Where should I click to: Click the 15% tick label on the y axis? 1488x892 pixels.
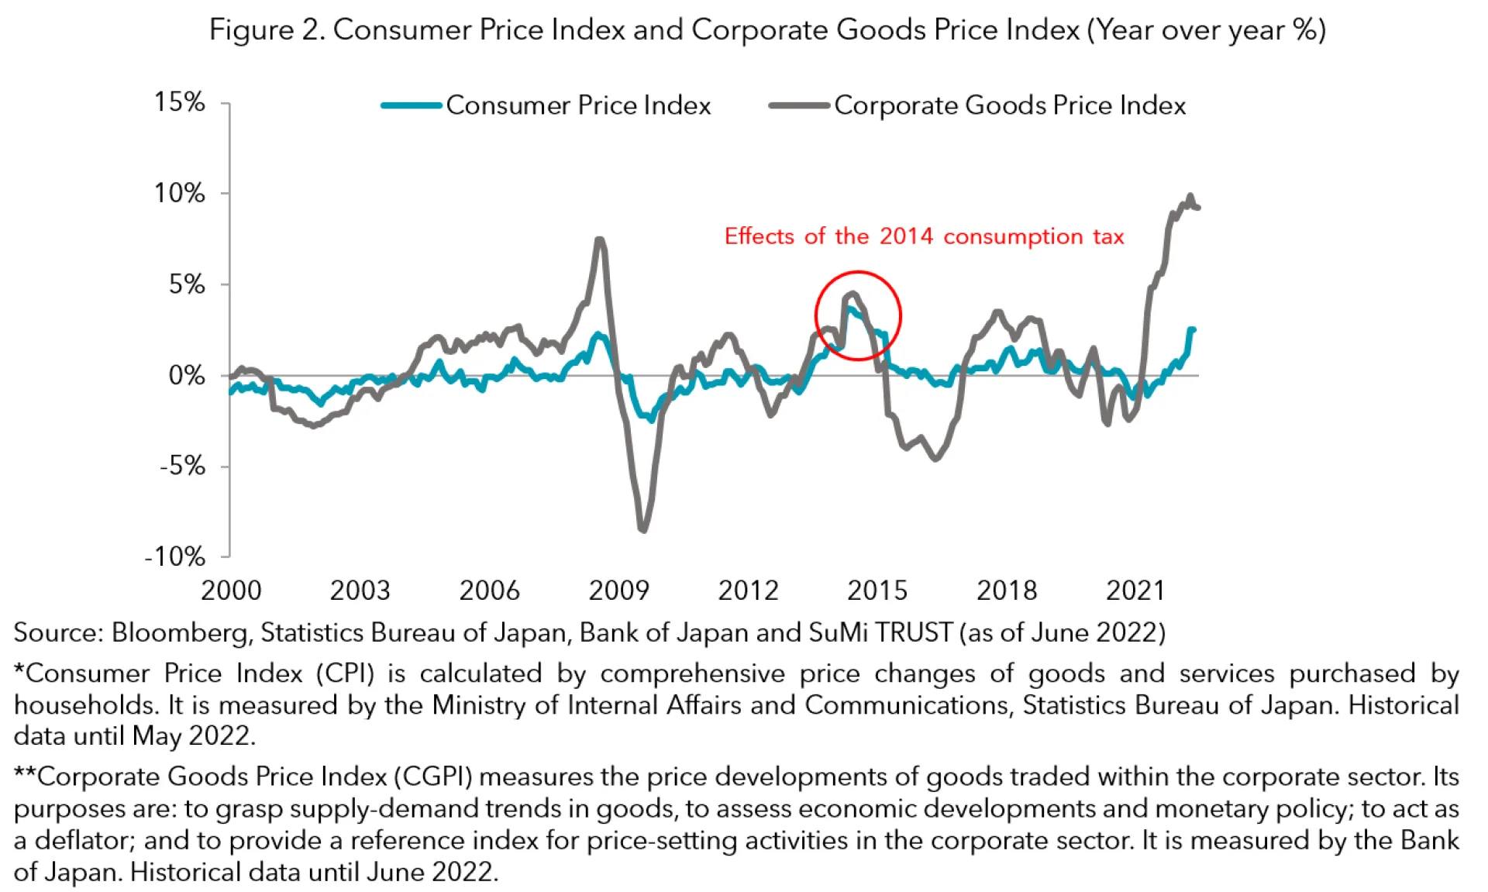pyautogui.click(x=179, y=102)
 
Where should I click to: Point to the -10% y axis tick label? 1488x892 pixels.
pyautogui.click(x=175, y=556)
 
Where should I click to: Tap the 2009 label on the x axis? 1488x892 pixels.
pyautogui.click(x=618, y=591)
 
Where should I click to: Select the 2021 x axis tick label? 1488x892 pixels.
pyautogui.click(x=1135, y=591)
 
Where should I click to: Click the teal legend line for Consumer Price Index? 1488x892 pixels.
pyautogui.click(x=412, y=105)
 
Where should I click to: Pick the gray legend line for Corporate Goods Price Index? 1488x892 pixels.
pyautogui.click(x=799, y=105)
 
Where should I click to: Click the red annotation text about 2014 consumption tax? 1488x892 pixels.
pyautogui.click(x=924, y=236)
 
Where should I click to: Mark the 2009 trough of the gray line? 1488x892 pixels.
pyautogui.click(x=643, y=529)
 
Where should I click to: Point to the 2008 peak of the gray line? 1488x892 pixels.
pyautogui.click(x=599, y=239)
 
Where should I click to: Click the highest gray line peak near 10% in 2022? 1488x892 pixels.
pyautogui.click(x=1190, y=195)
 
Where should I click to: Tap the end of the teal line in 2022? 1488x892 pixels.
pyautogui.click(x=1193, y=330)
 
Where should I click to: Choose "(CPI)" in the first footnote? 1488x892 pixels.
pyautogui.click(x=345, y=673)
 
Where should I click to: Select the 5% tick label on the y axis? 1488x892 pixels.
pyautogui.click(x=187, y=284)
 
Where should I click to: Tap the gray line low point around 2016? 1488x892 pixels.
pyautogui.click(x=935, y=459)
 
